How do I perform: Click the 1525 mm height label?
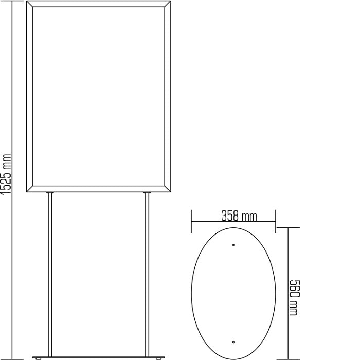coord(6,175)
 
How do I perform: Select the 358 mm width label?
coord(239,215)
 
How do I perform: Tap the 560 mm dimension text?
coord(294,298)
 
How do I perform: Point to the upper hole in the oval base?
coord(233,245)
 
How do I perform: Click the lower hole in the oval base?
coord(233,341)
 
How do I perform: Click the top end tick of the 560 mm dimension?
coord(287,228)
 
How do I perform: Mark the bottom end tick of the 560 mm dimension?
coord(287,358)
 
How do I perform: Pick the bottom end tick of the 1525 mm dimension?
coord(13,358)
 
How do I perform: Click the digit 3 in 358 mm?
coord(224,215)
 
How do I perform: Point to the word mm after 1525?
coord(6,160)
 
